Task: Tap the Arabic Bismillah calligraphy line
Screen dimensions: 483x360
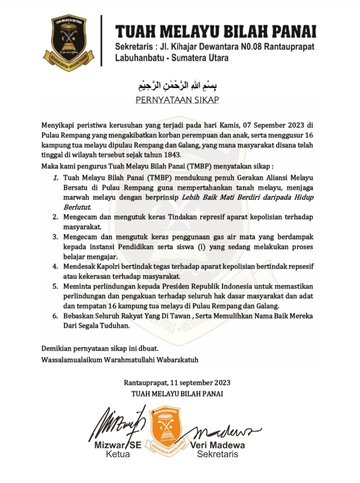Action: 177,84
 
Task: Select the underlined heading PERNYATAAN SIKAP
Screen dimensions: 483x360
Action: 177,100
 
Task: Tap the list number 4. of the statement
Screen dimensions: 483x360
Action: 56,266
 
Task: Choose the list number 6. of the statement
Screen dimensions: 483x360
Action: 56,316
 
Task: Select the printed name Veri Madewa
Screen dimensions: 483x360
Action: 218,445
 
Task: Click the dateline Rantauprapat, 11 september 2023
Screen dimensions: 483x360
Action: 177,383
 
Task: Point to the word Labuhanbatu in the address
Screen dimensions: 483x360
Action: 142,58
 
